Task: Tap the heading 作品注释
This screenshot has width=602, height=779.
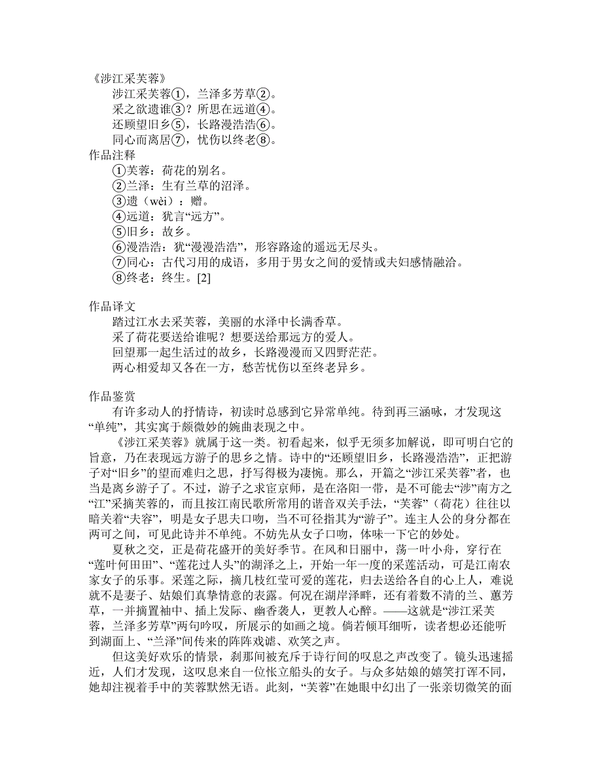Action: click(112, 155)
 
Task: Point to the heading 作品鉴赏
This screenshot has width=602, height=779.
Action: click(112, 396)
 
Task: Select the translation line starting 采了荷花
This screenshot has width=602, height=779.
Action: click(233, 338)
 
